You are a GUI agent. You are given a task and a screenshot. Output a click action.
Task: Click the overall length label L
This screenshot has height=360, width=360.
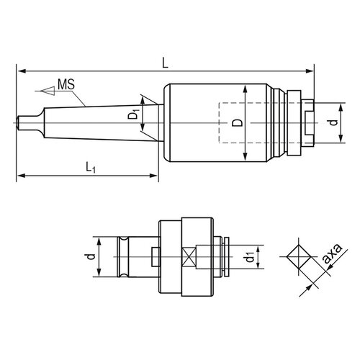click(165, 63)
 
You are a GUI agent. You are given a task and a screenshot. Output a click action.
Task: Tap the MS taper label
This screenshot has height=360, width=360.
click(66, 84)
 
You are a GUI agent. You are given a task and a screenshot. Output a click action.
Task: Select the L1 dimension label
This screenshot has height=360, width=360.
click(91, 167)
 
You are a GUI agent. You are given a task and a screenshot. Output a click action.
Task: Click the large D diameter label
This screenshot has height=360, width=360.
click(238, 123)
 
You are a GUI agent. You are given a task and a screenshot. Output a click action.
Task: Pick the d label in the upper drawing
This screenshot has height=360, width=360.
click(333, 122)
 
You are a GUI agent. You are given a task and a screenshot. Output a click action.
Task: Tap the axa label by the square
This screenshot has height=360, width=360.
click(332, 253)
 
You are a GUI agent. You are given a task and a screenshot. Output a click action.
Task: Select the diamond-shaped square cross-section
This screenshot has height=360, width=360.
click(299, 257)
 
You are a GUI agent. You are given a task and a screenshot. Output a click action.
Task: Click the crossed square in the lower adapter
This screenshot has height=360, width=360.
click(189, 257)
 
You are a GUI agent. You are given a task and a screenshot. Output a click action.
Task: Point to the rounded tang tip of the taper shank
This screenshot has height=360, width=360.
click(17, 123)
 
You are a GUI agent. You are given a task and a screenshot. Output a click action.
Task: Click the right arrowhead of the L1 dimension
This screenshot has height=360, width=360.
click(153, 176)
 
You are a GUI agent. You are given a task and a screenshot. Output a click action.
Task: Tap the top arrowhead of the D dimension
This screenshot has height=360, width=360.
click(245, 89)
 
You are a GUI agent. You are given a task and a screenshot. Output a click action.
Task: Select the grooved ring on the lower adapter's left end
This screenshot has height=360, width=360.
click(123, 257)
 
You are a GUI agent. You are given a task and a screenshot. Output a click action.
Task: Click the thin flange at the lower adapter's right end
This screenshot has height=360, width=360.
click(227, 257)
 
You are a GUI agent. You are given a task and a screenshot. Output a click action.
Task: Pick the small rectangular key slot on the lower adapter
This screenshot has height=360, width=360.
click(156, 257)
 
